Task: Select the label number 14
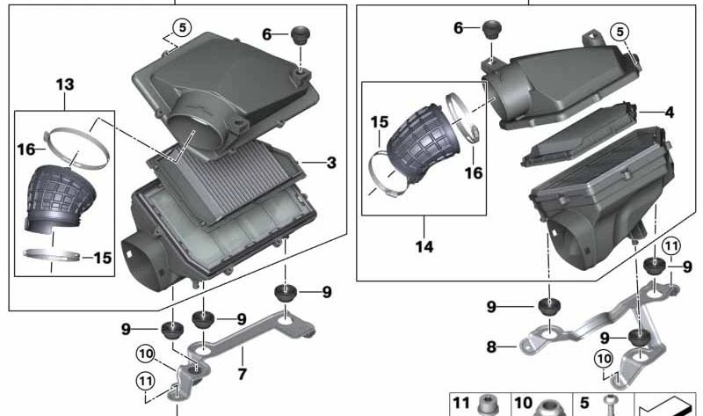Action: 424,247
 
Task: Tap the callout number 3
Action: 330,163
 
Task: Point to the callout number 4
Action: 670,113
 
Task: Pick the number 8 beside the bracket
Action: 491,347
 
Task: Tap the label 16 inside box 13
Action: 25,150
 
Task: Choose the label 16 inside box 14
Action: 474,173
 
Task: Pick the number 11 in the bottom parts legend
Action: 462,403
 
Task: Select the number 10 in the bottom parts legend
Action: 523,403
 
